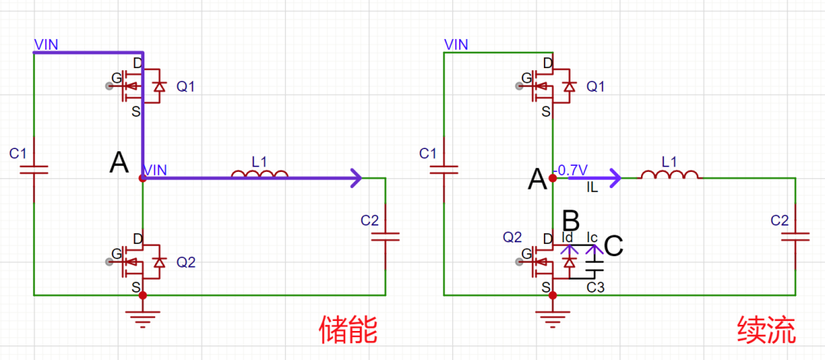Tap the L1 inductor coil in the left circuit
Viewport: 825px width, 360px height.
pyautogui.click(x=260, y=174)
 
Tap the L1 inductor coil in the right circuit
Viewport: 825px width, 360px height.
pyautogui.click(x=669, y=174)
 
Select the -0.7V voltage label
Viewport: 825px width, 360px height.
pyautogui.click(x=571, y=169)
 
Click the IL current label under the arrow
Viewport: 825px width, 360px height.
pyautogui.click(x=592, y=187)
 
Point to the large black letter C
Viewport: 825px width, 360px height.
pyautogui.click(x=614, y=245)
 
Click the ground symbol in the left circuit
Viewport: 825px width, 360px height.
pyautogui.click(x=142, y=317)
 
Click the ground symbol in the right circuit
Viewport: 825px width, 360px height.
pyautogui.click(x=552, y=317)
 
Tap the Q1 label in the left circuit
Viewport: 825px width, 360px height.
pyautogui.click(x=185, y=87)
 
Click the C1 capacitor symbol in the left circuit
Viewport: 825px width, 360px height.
pyautogui.click(x=34, y=170)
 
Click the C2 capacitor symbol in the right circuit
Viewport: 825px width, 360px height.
pyautogui.click(x=795, y=238)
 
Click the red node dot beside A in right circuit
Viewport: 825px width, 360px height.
pyautogui.click(x=552, y=178)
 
